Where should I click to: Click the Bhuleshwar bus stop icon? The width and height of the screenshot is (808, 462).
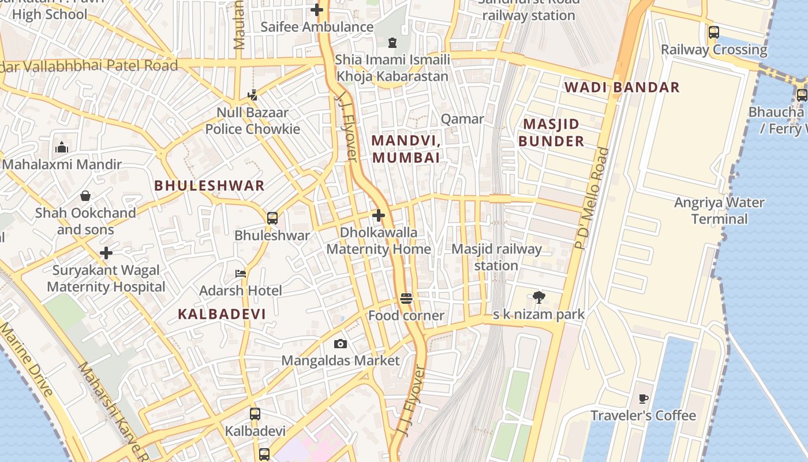(272, 218)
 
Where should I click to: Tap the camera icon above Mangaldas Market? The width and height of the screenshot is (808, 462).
(341, 344)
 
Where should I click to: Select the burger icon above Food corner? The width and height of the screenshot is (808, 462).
(406, 299)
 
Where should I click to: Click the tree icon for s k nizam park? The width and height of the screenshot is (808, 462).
(539, 297)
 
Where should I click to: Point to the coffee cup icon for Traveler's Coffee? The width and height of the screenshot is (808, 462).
(644, 398)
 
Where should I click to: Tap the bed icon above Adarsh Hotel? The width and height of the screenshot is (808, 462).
(241, 273)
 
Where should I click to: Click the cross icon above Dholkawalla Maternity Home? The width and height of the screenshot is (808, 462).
(379, 216)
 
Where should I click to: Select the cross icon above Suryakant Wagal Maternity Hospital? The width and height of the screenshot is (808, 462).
(106, 253)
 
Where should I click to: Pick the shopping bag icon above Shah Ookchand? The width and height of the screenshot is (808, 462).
(85, 196)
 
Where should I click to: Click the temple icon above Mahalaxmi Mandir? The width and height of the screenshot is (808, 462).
(62, 148)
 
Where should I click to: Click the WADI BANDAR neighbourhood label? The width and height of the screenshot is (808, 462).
(622, 88)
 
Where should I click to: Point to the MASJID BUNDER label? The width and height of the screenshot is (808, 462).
(551, 133)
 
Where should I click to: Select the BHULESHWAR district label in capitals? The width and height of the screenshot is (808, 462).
(210, 186)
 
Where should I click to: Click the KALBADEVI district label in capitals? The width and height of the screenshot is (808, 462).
(222, 314)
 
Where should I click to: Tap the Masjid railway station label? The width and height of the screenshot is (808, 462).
(496, 258)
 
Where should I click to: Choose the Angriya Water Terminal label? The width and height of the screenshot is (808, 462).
(719, 211)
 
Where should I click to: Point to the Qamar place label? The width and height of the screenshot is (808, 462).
(462, 119)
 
